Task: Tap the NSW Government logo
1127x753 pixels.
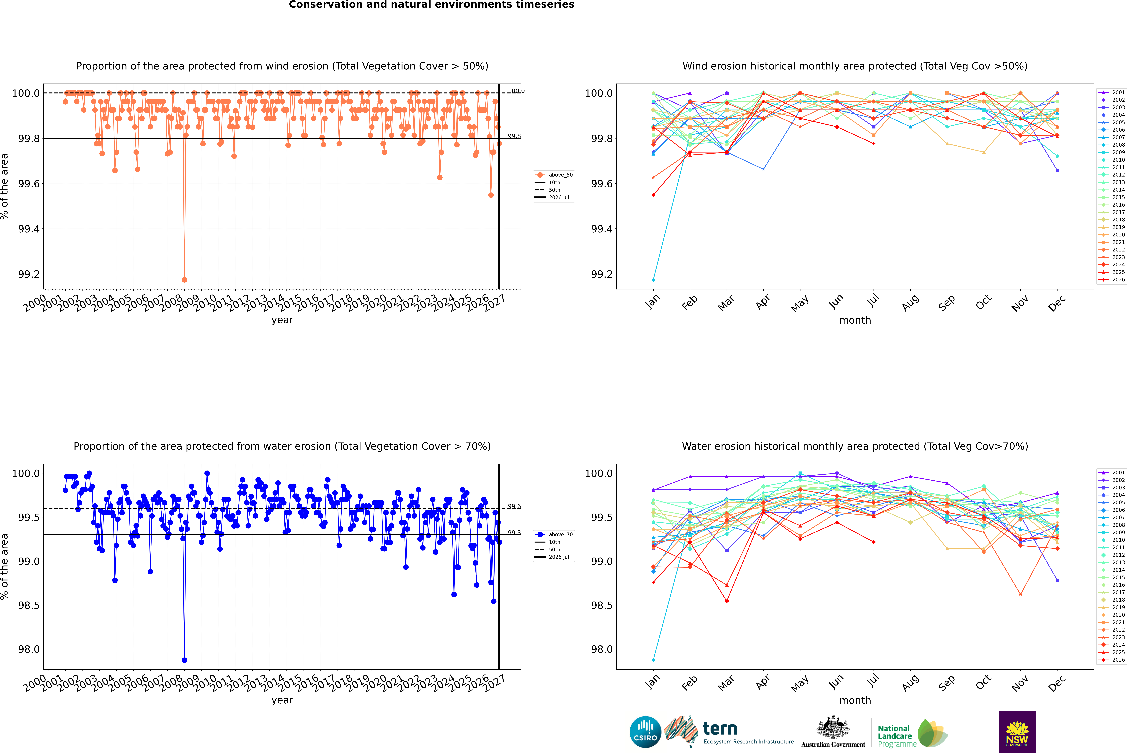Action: tap(1017, 732)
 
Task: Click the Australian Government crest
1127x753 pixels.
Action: tap(833, 727)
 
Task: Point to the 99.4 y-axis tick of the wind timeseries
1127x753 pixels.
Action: tap(29, 229)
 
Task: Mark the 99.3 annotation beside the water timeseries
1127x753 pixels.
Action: tap(514, 533)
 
